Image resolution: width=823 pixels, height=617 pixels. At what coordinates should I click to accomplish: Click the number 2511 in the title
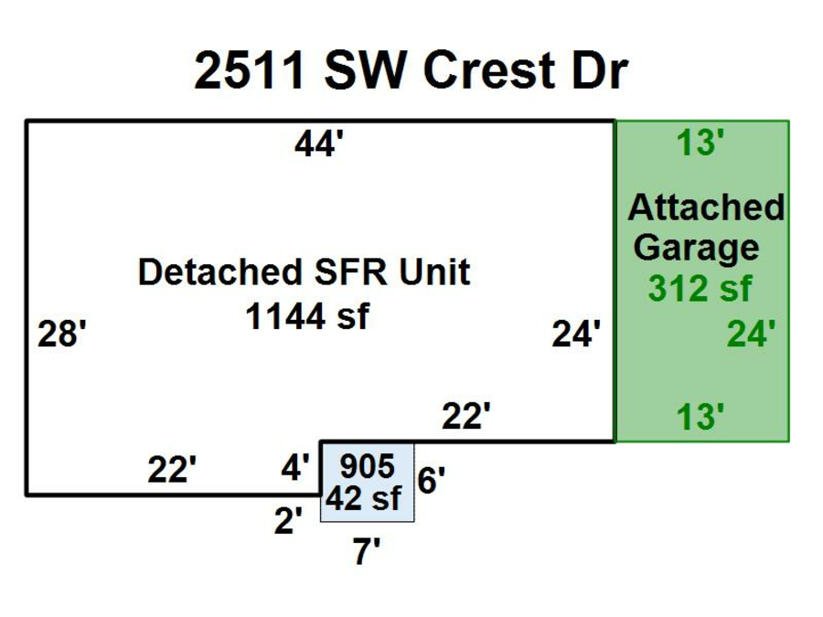pos(250,72)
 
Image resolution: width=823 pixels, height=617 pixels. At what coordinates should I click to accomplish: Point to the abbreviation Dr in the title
pos(599,72)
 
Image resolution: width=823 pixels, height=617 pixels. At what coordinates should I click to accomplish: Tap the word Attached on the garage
pos(705,207)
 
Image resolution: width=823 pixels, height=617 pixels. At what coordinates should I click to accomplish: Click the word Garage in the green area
pos(696,247)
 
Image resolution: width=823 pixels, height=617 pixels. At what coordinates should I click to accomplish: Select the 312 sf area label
pos(700,288)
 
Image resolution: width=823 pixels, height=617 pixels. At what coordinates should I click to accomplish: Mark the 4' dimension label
pos(295,469)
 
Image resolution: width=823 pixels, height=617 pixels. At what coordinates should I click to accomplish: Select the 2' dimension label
pos(289,520)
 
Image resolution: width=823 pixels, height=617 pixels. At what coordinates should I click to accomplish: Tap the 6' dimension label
pos(432,479)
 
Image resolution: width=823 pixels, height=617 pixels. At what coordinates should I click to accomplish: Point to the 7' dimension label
pos(367,551)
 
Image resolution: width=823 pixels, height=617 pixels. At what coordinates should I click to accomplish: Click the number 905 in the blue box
pos(367,466)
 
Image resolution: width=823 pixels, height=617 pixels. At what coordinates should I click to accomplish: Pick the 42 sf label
pos(366,499)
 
